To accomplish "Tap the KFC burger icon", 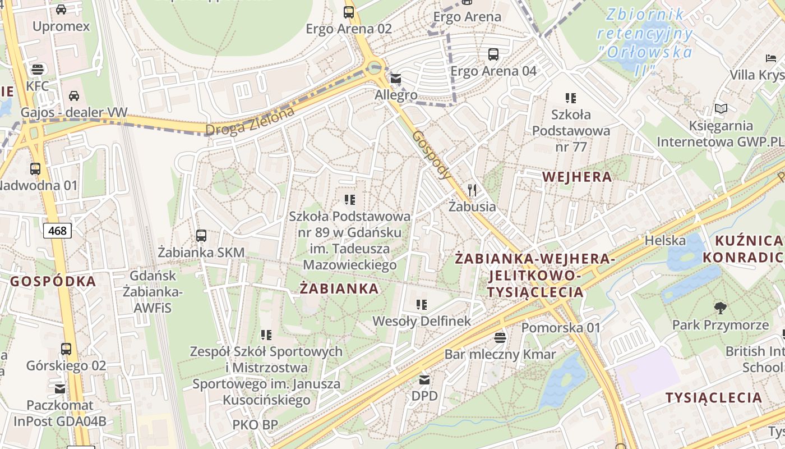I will tap(38, 70).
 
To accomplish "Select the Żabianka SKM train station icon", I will tap(201, 236).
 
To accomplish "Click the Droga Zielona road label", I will tap(250, 121).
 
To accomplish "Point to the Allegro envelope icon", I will tap(396, 79).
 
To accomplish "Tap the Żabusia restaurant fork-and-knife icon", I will tap(472, 190).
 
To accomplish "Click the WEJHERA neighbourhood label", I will tap(577, 177).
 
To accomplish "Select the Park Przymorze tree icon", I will tap(721, 308).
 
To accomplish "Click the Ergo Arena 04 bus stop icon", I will tap(493, 54).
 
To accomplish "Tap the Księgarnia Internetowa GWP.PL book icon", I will tap(721, 109).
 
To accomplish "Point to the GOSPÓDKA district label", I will tap(53, 282).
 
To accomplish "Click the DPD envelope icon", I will tap(424, 380).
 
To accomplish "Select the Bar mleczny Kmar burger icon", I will tap(500, 337).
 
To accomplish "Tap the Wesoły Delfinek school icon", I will tap(422, 305).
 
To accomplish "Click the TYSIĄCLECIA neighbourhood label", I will tap(713, 398).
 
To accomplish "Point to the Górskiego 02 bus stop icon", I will tap(66, 349).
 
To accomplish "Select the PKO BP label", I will tap(255, 425).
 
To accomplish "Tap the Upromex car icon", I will tap(61, 10).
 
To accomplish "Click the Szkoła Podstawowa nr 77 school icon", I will tap(571, 98).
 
